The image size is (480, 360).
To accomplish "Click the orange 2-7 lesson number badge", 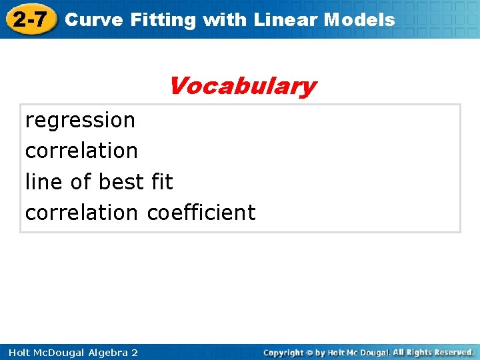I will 31,19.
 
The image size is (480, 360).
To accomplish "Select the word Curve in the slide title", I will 94,20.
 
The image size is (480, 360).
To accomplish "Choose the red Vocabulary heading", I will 242,86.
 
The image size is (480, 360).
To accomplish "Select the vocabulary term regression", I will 80,121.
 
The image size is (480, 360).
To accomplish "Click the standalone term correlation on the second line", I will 81,151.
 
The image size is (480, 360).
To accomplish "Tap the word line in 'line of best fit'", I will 42,182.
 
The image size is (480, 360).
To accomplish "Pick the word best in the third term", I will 121,182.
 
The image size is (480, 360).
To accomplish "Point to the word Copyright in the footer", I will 283,352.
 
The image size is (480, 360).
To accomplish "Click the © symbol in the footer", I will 310,352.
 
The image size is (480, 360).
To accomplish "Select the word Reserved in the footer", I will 451,352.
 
